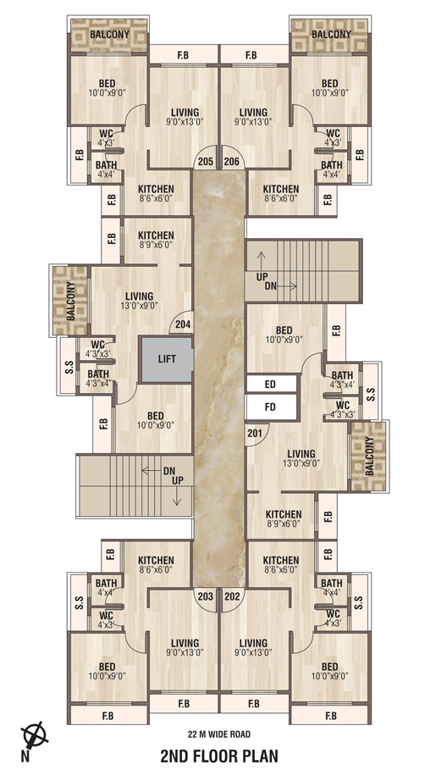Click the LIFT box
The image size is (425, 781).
167,359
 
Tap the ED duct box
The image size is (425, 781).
271,384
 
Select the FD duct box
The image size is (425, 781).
271,407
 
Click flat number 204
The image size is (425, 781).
183,324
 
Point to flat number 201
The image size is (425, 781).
254,433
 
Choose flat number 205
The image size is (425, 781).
206,162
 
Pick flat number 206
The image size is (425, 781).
231,162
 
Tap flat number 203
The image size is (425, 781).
206,596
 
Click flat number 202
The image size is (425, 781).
231,596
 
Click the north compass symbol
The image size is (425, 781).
35,735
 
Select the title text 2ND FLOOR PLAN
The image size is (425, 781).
219,756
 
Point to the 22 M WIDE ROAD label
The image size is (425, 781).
219,734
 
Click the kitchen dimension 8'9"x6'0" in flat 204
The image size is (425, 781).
156,245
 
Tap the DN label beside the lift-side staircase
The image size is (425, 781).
168,471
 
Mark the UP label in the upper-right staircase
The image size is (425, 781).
262,277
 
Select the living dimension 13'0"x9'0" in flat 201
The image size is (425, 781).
301,463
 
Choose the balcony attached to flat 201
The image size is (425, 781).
369,457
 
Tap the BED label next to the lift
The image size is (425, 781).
155,416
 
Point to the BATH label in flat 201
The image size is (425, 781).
342,375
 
